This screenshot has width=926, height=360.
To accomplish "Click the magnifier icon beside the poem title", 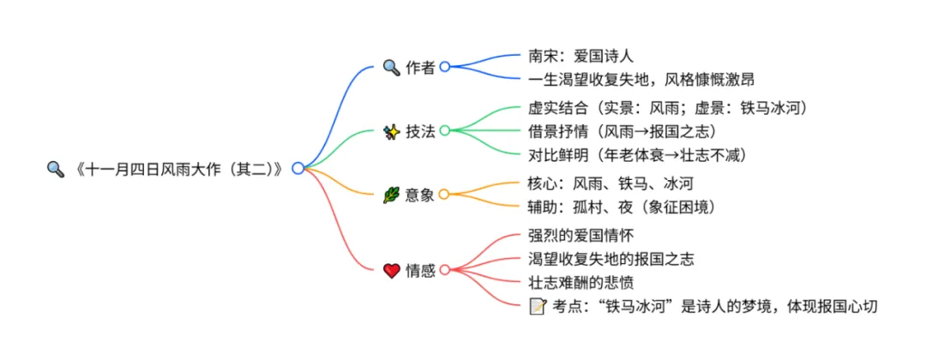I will (x=56, y=169).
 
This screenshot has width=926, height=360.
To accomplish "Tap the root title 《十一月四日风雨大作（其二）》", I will (x=180, y=169).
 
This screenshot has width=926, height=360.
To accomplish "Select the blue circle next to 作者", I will (x=444, y=67).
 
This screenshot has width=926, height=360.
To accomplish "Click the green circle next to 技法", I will (x=444, y=131).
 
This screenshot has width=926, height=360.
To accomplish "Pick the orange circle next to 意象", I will (x=444, y=195).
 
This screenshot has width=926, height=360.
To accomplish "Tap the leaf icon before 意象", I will (x=391, y=195).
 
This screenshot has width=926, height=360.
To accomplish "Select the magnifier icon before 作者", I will (x=391, y=67).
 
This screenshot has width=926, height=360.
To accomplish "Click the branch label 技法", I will (x=420, y=131).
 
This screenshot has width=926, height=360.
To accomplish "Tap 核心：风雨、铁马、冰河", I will (x=610, y=183).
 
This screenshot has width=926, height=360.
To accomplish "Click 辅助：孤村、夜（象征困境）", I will (x=622, y=207).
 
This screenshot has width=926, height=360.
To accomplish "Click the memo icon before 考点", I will (x=538, y=306).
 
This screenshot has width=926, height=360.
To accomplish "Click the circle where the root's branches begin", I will (x=298, y=169).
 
